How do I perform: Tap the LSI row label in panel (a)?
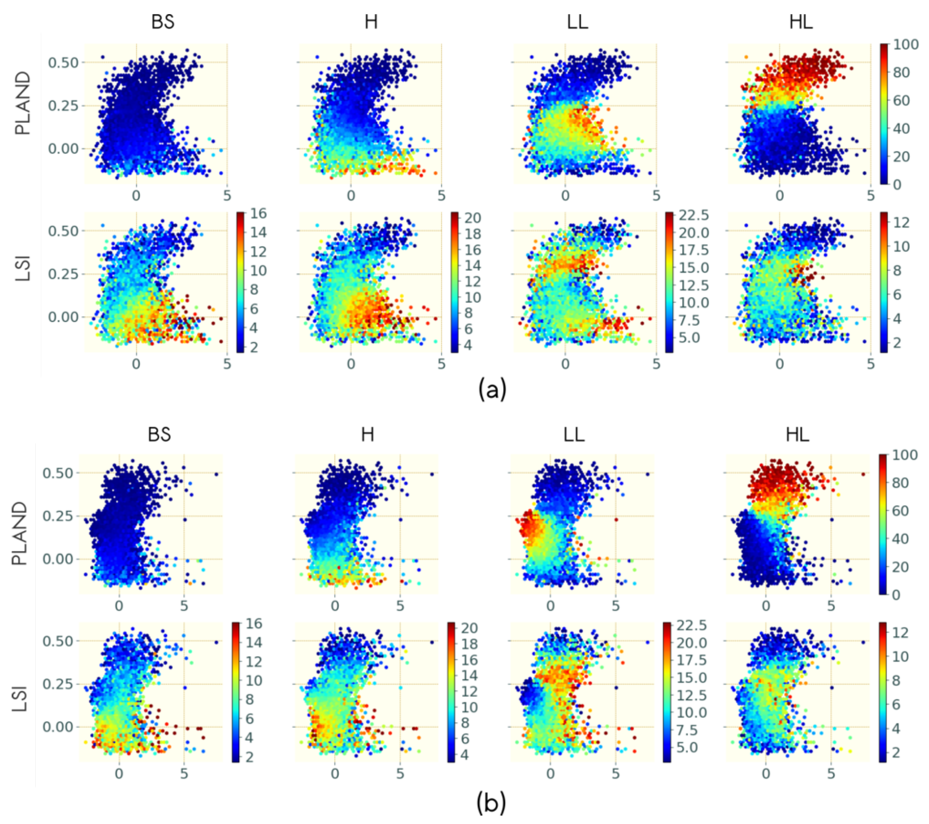[23, 268]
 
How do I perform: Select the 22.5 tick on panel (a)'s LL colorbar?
[694, 215]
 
